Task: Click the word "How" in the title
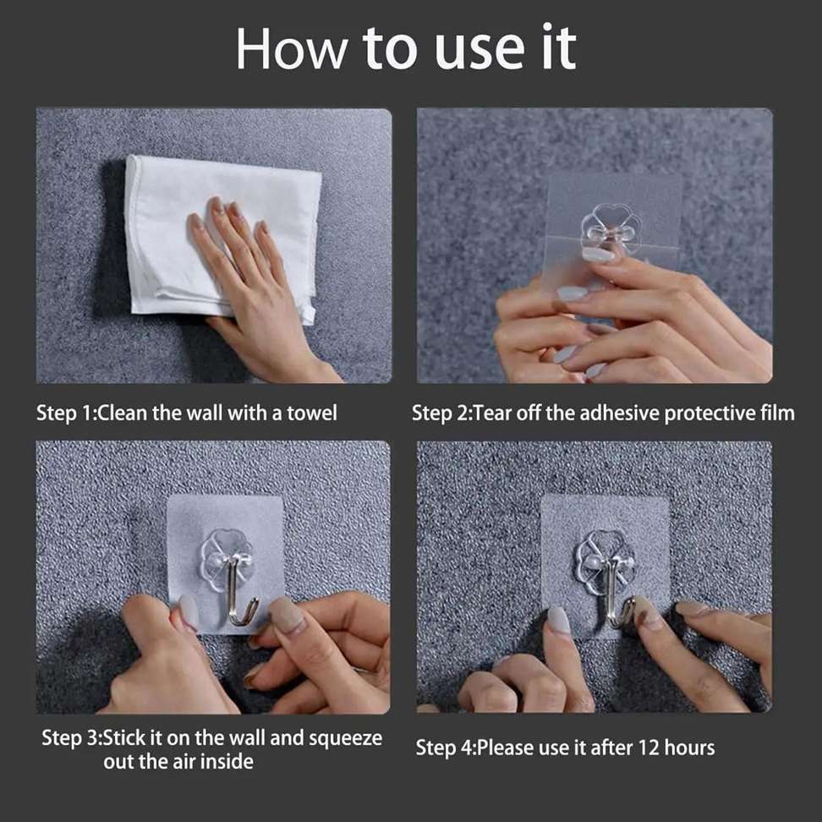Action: coord(290,49)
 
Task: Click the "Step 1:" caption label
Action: coord(67,413)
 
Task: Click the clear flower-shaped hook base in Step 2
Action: coord(611,227)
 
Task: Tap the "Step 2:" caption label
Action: coord(442,413)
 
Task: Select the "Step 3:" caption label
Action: coord(73,737)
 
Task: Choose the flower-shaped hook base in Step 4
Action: coord(605,558)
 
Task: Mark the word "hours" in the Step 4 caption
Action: coord(688,748)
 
